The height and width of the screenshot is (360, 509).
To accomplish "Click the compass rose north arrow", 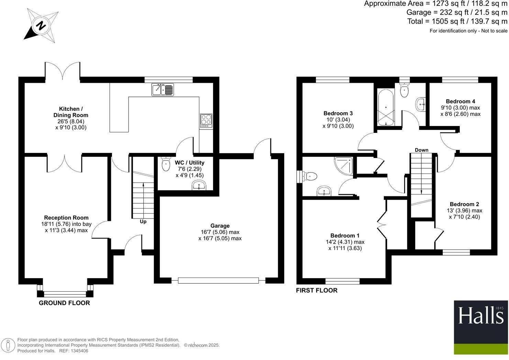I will [x=41, y=25].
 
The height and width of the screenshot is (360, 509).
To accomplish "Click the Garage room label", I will [x=220, y=226].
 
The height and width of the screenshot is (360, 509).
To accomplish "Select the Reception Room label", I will [x=66, y=217].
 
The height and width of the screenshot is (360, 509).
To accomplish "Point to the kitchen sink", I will [x=163, y=90].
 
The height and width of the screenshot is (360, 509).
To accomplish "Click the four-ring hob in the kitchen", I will [x=206, y=121].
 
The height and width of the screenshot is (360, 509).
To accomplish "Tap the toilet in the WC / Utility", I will [x=166, y=164].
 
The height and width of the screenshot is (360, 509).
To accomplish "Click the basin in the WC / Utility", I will [x=199, y=186].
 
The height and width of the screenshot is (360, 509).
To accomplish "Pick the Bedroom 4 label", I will [x=460, y=101].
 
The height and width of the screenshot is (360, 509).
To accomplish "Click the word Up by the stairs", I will [x=143, y=222].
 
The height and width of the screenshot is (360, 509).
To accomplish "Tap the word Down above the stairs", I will [x=421, y=150].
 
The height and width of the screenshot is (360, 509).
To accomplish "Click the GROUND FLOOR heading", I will [x=64, y=303].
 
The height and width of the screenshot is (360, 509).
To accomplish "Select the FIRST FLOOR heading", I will [x=317, y=290].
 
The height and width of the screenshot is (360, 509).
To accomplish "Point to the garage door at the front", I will [x=218, y=281].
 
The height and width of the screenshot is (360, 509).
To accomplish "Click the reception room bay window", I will [x=65, y=294].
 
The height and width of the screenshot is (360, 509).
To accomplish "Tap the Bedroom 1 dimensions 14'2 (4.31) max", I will [x=345, y=242].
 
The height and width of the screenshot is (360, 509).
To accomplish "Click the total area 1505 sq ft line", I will [x=457, y=21].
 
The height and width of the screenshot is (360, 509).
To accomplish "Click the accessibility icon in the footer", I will [x=8, y=345].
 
